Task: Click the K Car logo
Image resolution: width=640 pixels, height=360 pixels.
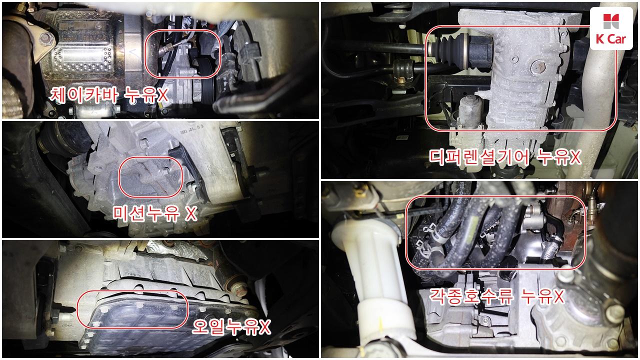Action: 611,28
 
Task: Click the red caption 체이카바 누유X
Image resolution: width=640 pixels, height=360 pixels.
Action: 108,95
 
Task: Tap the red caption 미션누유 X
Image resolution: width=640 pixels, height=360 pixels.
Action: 155,213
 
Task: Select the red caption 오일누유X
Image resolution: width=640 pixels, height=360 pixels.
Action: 231,327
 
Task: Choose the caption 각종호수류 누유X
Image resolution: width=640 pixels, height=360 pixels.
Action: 497,296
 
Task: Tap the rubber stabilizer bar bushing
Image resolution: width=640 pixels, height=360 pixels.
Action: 403,69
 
